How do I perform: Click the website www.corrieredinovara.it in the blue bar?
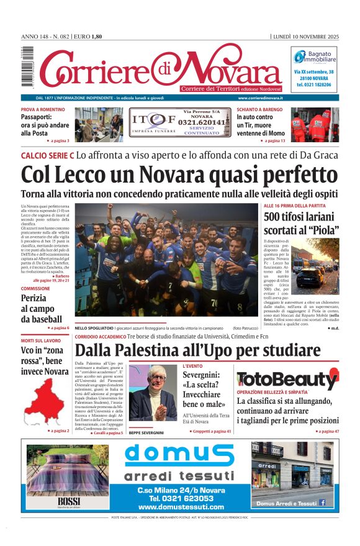(x=260, y=98)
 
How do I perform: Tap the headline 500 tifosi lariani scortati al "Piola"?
(x=301, y=224)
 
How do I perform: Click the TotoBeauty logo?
(x=287, y=379)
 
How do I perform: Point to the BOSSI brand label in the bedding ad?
(x=65, y=501)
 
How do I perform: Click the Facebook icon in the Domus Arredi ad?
(x=322, y=503)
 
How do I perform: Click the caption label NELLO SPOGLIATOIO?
(x=94, y=327)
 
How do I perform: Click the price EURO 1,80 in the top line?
(x=87, y=37)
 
